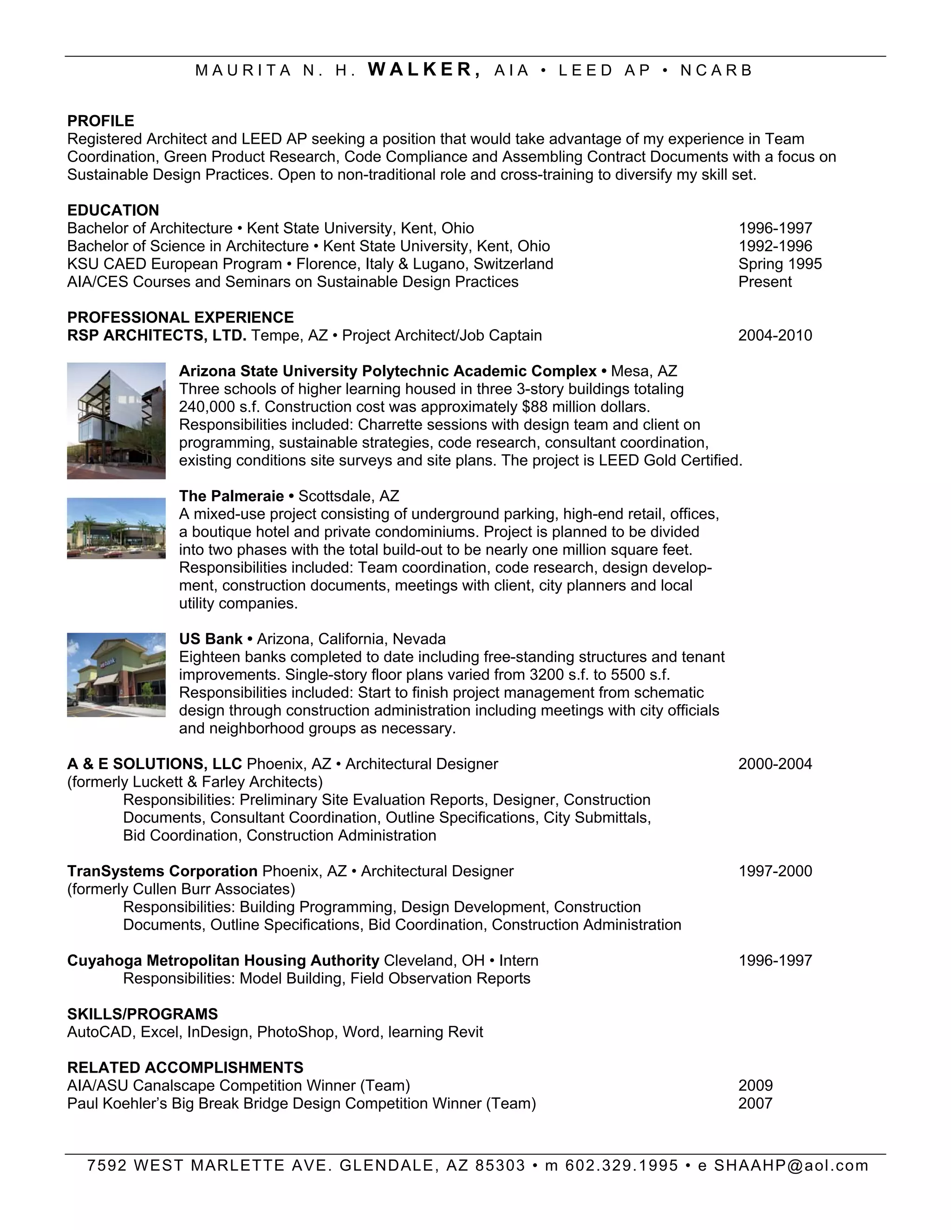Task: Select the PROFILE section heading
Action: (101, 121)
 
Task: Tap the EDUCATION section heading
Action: (113, 210)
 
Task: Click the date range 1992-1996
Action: (775, 246)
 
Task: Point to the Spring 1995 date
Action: (780, 264)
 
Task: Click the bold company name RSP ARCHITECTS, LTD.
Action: (156, 336)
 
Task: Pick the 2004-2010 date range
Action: (775, 336)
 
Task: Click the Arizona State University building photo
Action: (116, 421)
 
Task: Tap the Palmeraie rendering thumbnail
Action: (116, 528)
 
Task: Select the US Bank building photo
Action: (116, 675)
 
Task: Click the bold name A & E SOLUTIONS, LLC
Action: (154, 764)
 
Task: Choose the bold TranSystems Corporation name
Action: (162, 871)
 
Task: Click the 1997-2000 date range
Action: (775, 871)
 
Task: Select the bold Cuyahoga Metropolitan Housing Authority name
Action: (223, 961)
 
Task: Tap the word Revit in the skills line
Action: (465, 1032)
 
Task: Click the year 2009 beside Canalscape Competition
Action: (756, 1086)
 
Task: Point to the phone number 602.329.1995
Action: (622, 1165)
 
